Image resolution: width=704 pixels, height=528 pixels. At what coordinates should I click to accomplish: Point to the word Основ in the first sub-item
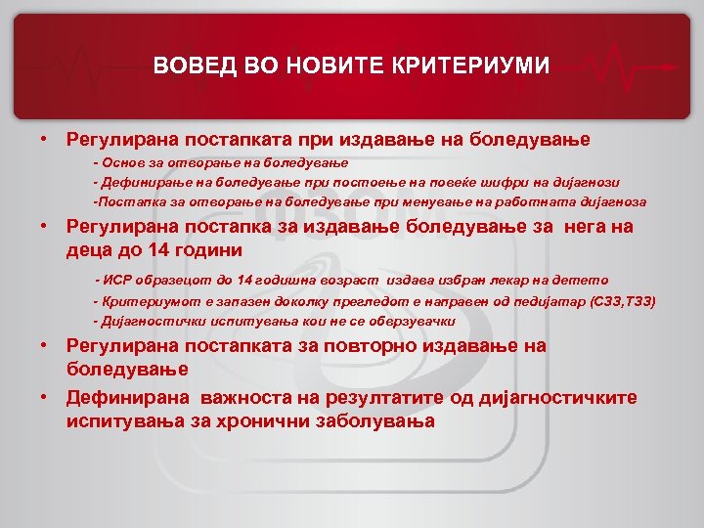(123, 161)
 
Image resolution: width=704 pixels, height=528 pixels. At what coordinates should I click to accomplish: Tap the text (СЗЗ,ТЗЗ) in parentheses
(624, 300)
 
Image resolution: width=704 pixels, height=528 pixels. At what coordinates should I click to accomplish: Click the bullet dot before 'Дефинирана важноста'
(45, 398)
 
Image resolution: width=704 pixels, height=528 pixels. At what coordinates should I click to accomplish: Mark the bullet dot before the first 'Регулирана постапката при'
(45, 139)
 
